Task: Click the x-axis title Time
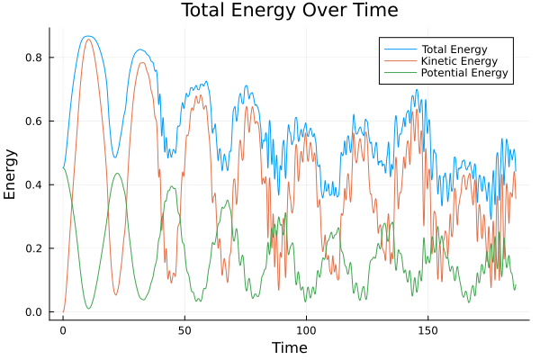coord(289,347)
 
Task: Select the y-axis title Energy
coord(11,175)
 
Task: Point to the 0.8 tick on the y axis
coord(33,58)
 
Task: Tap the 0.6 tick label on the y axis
coord(33,121)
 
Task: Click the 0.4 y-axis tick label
coord(33,184)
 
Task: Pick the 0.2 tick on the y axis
coord(33,248)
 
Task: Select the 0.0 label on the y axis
coord(33,312)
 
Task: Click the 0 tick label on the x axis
coord(63,329)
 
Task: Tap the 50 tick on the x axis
coord(184,329)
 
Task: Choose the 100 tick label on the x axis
coord(306,329)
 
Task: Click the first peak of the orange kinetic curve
coord(87,40)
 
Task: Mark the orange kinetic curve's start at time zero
coord(63,311)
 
